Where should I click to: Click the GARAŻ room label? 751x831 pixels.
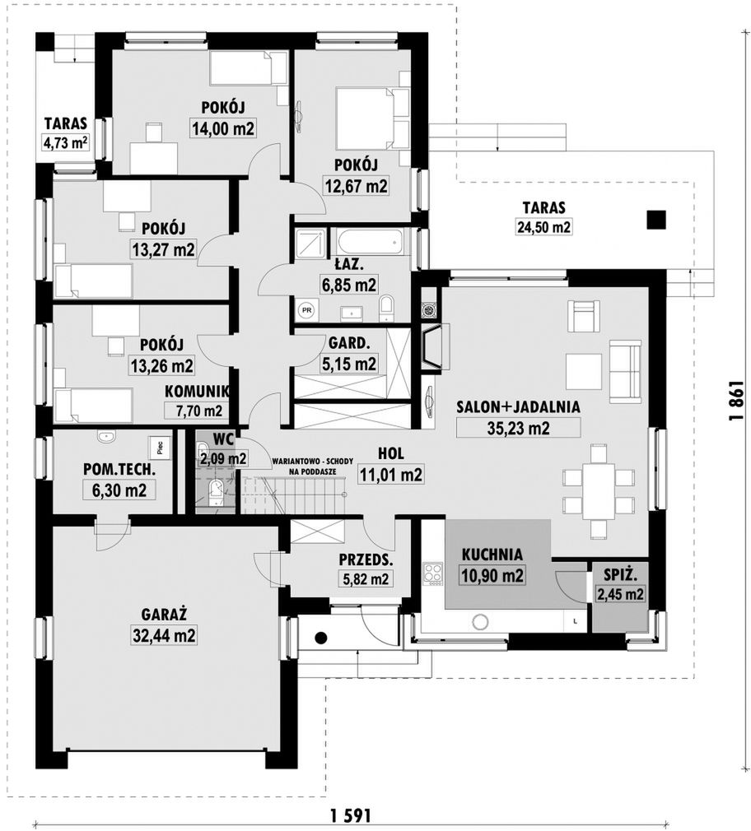coord(164,615)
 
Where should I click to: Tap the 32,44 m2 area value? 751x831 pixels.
coord(164,635)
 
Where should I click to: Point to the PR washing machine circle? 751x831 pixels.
coord(306,310)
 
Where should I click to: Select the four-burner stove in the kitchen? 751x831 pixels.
coord(432,573)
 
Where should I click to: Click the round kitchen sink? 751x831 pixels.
coord(482,622)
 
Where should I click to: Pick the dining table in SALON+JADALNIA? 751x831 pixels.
coord(599,491)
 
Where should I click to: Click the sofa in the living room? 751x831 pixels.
coord(624,370)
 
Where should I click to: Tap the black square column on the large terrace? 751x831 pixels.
coord(656,220)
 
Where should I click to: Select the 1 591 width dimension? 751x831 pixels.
coord(350,815)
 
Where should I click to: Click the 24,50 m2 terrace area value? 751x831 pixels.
coord(543,227)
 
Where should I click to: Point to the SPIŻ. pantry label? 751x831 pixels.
coord(620,574)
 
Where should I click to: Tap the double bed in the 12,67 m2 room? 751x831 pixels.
coord(373,118)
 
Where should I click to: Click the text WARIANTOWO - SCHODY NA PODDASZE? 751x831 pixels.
coord(312,466)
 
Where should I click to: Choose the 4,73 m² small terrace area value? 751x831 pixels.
coord(66,143)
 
